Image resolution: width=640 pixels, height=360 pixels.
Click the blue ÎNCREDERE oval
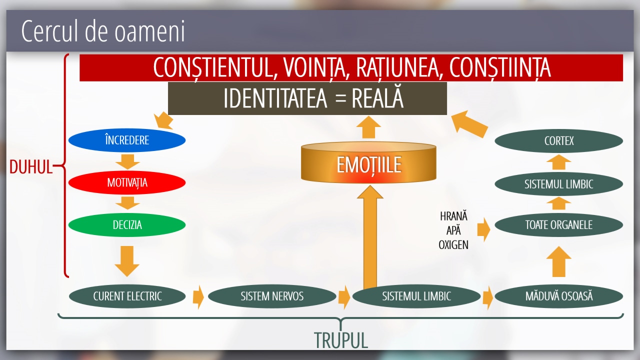pos(127,140)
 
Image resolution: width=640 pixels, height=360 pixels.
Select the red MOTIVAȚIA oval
pos(127,182)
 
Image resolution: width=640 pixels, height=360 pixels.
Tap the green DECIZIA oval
pos(127,225)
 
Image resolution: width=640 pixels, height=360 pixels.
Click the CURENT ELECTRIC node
pos(127,296)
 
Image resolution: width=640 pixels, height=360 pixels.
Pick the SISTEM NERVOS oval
pos(271,296)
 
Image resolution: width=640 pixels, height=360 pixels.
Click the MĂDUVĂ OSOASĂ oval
pos(558,296)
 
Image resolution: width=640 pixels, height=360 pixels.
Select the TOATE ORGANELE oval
pos(558,225)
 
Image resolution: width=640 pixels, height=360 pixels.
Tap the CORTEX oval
pos(558,141)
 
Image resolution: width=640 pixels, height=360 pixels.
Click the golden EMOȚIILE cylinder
pos(368,164)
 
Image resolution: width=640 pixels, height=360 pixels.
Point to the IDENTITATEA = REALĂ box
pos(307,98)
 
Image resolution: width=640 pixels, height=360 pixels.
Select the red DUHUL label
pos(31,167)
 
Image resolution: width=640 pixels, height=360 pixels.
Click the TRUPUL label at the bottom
pos(341,340)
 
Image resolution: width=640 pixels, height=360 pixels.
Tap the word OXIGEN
pos(453,245)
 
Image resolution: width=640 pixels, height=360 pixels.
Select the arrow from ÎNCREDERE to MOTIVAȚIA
pos(127,161)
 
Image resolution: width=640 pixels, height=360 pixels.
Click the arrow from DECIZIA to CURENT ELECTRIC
pos(127,260)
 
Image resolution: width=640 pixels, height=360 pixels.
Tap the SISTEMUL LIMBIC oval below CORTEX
pos(558,184)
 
